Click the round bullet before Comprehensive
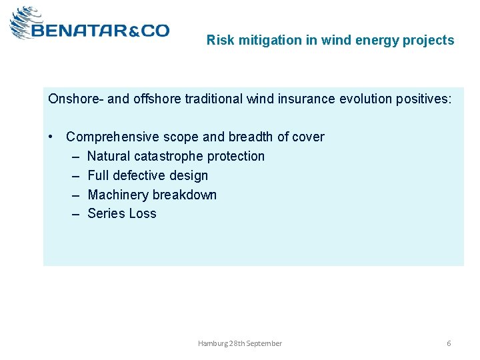pyautogui.click(x=51, y=137)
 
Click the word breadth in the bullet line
pyautogui.click(x=251, y=137)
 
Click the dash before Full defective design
pyautogui.click(x=75, y=175)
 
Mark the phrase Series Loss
pyautogui.click(x=122, y=213)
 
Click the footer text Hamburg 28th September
pyautogui.click(x=239, y=343)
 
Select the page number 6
pyautogui.click(x=449, y=343)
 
